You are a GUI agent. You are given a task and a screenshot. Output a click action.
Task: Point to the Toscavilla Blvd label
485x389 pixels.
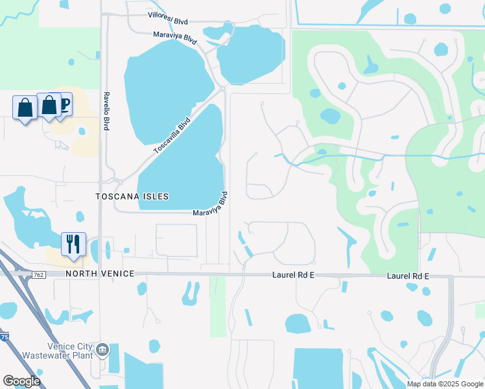point(172,136)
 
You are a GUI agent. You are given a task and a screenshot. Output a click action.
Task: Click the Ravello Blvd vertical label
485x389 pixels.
point(105,111)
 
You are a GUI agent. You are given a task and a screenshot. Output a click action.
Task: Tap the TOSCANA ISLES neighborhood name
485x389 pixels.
point(132,196)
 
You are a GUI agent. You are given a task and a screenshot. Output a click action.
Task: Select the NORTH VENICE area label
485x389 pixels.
point(100,274)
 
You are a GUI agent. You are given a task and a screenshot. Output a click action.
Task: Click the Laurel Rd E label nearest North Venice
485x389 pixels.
point(292,276)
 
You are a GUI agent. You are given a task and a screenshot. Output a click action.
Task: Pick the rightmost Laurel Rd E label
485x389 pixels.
point(408,276)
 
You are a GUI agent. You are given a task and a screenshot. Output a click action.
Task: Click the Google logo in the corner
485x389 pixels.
point(21,381)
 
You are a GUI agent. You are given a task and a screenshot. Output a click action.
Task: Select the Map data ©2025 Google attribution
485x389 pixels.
point(444,384)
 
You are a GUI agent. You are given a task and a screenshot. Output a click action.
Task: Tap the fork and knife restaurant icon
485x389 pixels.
point(73,244)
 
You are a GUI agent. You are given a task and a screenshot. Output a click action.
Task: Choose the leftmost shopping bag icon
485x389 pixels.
point(25,108)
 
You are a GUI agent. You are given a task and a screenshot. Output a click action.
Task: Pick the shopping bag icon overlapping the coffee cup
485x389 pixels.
point(49,105)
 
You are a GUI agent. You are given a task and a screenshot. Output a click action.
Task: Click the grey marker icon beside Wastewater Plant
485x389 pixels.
point(102,351)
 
